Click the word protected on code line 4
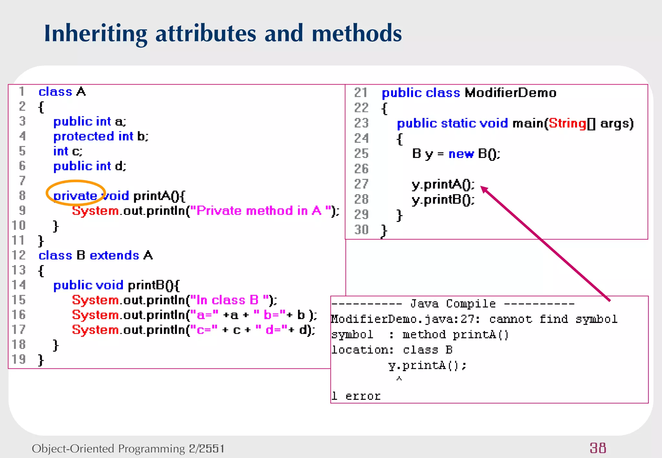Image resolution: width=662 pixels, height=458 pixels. click(84, 136)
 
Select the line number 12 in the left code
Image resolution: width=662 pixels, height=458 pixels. click(18, 255)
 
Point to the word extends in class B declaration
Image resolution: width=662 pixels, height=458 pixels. click(114, 255)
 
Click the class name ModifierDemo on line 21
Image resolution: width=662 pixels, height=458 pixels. click(510, 93)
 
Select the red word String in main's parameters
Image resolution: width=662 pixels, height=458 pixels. click(568, 123)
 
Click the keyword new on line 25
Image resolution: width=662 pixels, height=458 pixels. click(461, 154)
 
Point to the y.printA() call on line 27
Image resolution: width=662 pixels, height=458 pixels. click(443, 184)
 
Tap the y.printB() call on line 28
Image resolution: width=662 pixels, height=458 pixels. click(443, 200)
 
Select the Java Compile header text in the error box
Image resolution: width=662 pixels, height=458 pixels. click(453, 304)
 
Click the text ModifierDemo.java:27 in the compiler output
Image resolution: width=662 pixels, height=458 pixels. click(405, 319)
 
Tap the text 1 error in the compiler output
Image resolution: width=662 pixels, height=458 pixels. click(356, 396)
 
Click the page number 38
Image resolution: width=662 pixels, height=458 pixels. click(598, 448)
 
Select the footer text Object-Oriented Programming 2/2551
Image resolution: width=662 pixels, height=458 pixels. click(128, 449)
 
